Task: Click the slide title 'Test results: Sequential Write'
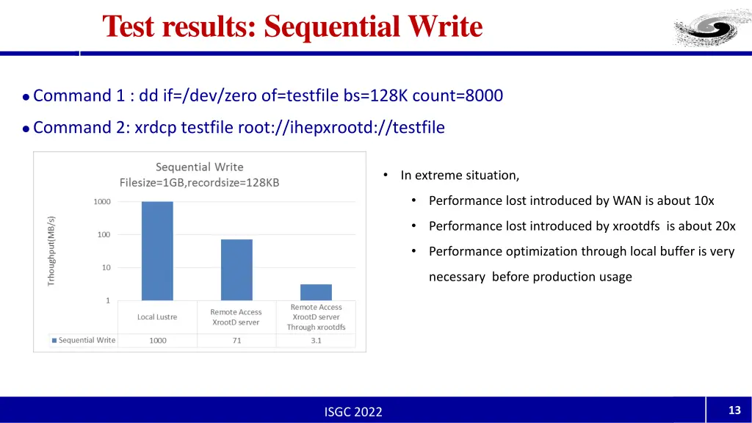[292, 26]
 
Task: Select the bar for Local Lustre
[157, 250]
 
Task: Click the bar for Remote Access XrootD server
[236, 270]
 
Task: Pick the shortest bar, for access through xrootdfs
[316, 292]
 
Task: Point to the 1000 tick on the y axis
[102, 202]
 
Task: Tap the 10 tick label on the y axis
[106, 268]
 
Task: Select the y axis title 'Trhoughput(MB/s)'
[51, 251]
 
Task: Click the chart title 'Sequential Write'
[199, 167]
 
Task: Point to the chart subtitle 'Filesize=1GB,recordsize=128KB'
[199, 183]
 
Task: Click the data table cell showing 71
[236, 341]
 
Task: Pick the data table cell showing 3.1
[316, 341]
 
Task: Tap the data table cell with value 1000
[157, 341]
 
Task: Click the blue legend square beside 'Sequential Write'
[54, 341]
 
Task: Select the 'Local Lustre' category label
[157, 317]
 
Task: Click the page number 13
[734, 411]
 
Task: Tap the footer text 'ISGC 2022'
[353, 412]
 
